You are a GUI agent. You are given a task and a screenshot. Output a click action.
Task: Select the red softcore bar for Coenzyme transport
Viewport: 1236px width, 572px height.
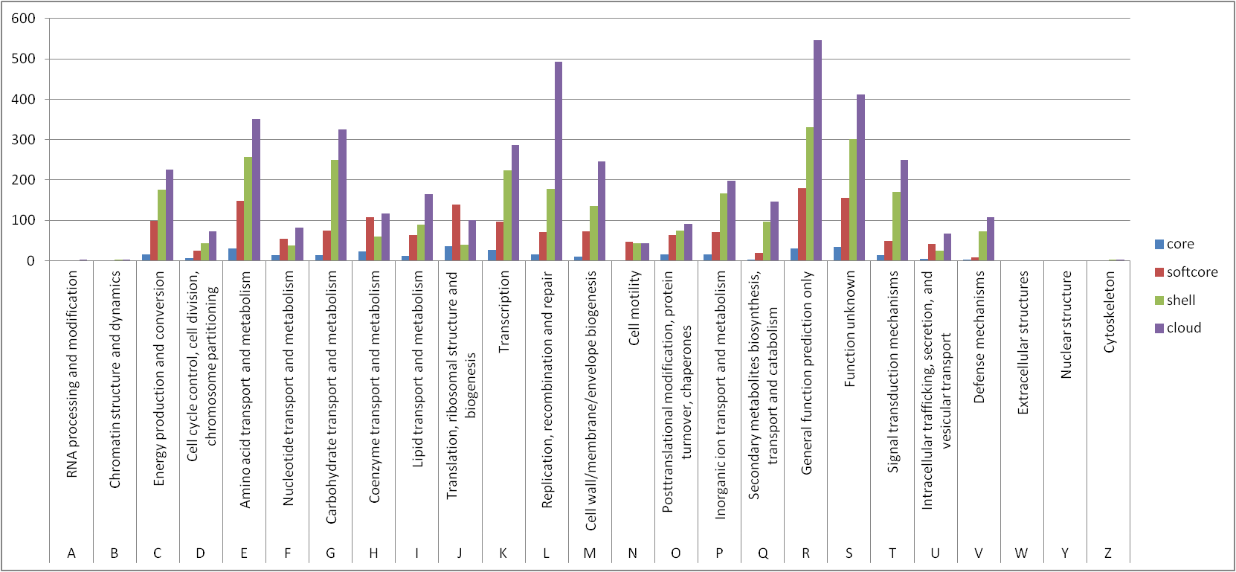370,239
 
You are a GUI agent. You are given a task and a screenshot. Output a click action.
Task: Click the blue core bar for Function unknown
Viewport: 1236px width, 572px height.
837,254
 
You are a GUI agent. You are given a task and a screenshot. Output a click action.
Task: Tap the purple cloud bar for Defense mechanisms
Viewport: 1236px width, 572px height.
991,239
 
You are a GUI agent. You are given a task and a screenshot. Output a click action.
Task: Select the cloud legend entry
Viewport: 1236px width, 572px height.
1183,328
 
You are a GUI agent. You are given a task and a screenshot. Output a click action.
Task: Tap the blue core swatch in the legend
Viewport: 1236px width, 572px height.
1159,244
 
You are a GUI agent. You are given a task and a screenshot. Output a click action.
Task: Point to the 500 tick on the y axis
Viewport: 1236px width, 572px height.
23,59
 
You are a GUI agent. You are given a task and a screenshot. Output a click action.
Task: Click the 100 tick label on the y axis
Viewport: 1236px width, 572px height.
23,220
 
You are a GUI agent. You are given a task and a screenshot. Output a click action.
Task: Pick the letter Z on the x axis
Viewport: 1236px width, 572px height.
1108,553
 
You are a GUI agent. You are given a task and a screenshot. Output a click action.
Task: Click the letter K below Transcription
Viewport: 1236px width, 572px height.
503,553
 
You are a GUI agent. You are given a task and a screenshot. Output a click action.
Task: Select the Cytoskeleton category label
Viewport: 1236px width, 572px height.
1110,312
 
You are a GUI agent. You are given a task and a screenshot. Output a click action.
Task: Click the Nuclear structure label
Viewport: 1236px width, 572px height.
1066,324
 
